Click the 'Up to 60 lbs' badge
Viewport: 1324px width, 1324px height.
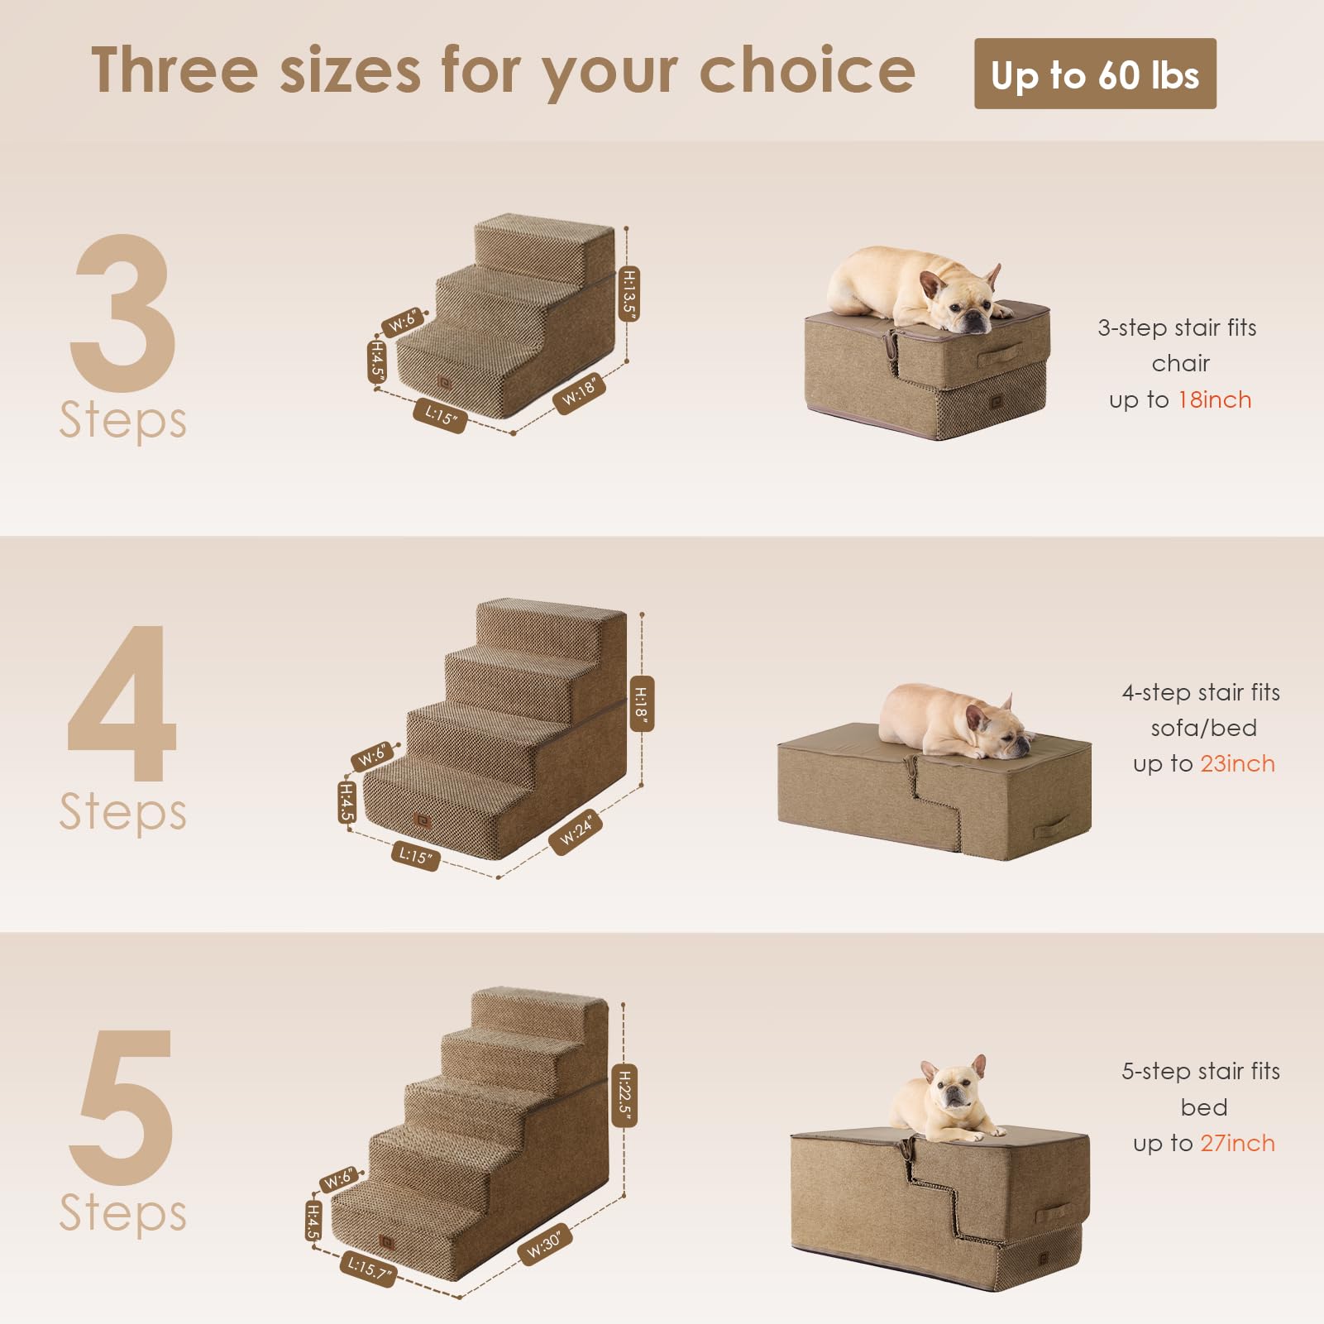pos(1094,74)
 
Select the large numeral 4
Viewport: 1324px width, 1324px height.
pos(122,703)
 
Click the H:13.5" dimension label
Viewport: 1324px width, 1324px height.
pos(629,294)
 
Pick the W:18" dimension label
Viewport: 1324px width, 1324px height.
pos(579,391)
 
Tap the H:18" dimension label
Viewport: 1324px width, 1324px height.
pos(642,704)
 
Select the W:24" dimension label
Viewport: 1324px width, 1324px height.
pos(576,831)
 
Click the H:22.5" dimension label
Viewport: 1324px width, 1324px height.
pos(625,1095)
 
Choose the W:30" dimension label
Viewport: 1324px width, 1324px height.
pos(544,1245)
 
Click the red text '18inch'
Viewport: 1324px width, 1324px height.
pos(1214,400)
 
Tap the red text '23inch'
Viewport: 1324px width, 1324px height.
pos(1237,764)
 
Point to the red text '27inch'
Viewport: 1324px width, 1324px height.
pos(1237,1144)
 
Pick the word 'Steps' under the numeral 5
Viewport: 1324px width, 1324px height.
pos(122,1213)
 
